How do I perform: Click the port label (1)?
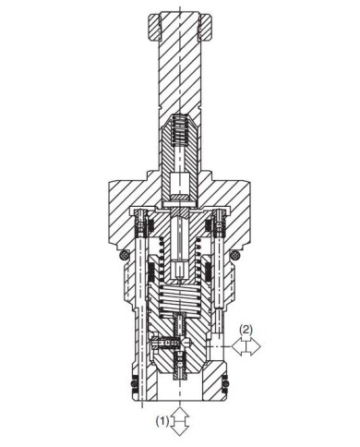pos(162,420)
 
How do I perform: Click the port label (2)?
pos(246,330)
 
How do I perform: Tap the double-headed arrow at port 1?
pos(180,421)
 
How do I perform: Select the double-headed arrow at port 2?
pos(246,346)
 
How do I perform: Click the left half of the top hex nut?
pos(155,27)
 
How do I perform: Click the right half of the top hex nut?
pos(205,27)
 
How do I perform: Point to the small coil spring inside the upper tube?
pos(180,128)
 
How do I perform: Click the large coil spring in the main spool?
pos(180,300)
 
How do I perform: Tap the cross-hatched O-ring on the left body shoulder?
pos(125,255)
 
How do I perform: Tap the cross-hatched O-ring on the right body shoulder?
pos(235,255)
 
